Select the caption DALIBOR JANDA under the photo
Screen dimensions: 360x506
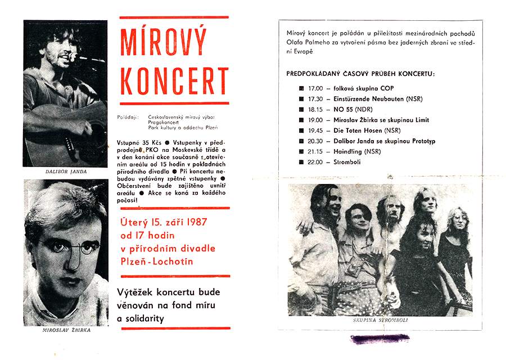tap(66, 171)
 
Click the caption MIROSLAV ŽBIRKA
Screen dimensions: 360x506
tap(66, 330)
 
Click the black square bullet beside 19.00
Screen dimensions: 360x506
tap(301, 120)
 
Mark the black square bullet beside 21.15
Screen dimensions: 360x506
tap(301, 152)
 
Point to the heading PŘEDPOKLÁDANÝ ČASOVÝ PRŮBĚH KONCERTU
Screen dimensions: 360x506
tap(360, 74)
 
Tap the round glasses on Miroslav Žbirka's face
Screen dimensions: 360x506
tap(66, 246)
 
